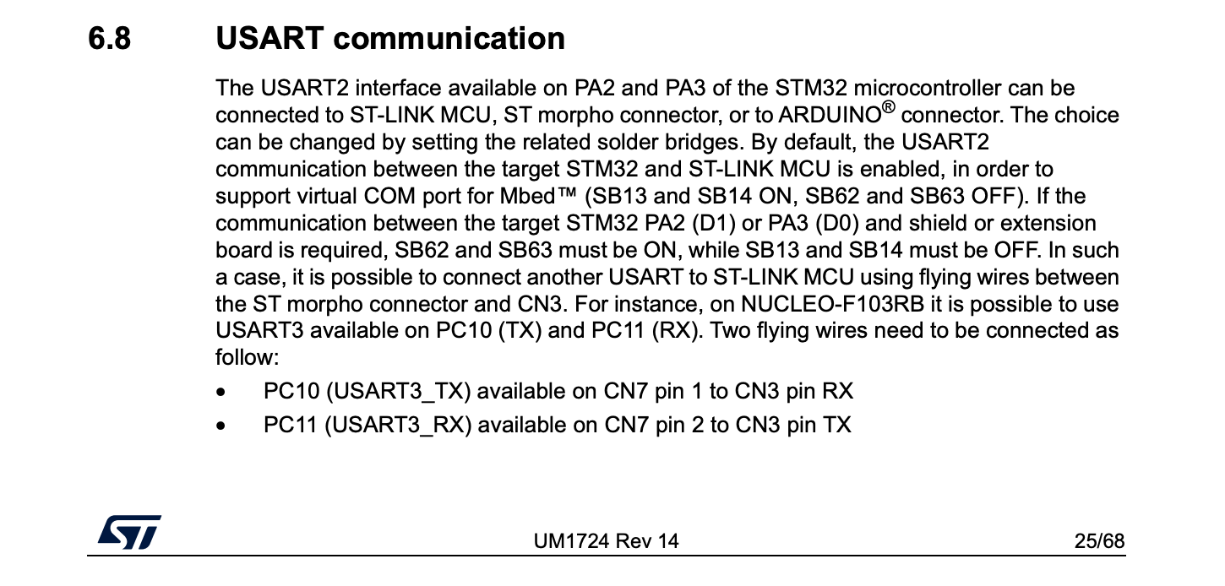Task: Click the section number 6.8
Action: click(x=110, y=39)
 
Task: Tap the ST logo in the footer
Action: click(x=129, y=533)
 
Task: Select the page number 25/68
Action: click(x=1099, y=541)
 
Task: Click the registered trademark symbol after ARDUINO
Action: click(x=887, y=108)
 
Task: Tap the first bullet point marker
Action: click(x=221, y=393)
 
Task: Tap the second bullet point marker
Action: click(x=221, y=426)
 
